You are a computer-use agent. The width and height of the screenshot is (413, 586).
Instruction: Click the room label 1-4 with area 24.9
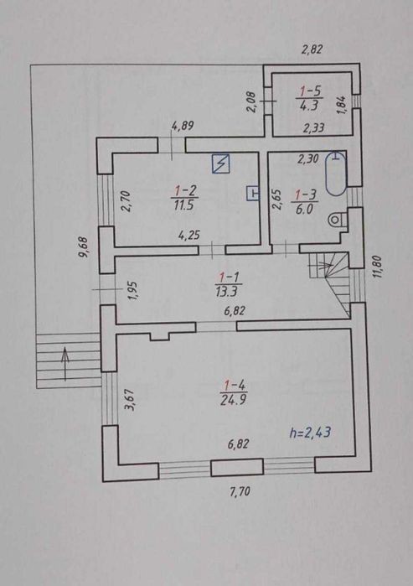point(234,393)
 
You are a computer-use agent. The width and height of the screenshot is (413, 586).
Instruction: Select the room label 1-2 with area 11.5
point(184,198)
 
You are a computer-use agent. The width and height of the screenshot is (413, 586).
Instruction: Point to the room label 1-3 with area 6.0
point(306,202)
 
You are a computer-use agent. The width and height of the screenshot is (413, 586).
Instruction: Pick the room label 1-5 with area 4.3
point(310,98)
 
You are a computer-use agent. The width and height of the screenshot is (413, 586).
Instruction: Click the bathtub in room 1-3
point(336,174)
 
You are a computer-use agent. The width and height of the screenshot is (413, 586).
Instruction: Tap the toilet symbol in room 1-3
point(336,220)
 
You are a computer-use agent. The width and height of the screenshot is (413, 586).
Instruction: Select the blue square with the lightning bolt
point(220,164)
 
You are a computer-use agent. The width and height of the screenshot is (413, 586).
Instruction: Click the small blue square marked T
point(254,193)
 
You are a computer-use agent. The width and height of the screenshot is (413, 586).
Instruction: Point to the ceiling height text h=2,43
point(310,433)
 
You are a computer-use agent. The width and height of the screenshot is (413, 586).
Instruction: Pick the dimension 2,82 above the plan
point(312,49)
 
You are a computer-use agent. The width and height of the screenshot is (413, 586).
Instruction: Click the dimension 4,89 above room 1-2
point(183,126)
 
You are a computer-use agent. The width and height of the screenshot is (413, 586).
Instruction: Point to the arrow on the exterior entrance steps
point(65,364)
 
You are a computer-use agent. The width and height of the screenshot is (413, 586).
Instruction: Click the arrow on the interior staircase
point(320,265)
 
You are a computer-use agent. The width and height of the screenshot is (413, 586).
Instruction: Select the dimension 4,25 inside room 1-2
point(189,236)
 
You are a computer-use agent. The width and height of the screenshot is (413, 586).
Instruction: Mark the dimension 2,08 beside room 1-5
point(251,101)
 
